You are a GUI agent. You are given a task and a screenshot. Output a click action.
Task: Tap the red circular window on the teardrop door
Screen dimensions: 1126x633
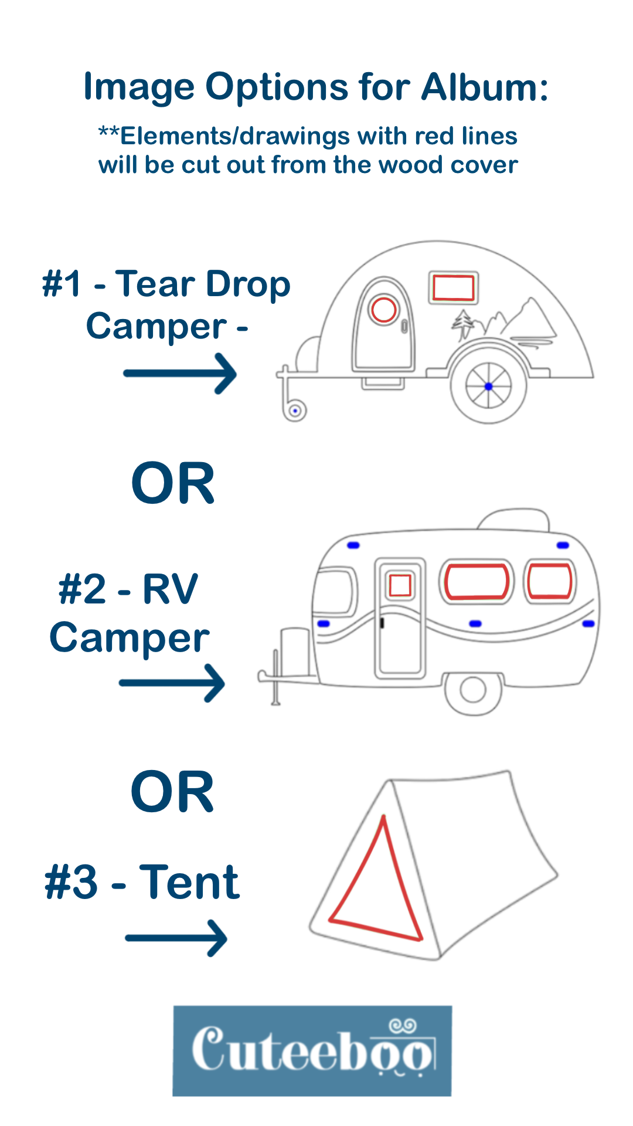(x=383, y=309)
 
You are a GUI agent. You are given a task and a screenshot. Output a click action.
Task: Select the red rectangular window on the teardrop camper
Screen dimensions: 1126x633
(x=453, y=287)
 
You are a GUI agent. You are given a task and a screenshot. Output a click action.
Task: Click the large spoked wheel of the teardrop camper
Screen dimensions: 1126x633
(x=488, y=386)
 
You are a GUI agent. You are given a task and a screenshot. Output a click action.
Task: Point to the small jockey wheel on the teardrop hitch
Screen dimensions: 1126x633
(x=295, y=411)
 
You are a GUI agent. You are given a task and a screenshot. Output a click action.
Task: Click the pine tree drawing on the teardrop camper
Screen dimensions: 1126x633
(x=464, y=325)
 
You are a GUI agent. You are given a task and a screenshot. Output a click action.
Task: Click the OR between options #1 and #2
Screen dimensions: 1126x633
(x=173, y=483)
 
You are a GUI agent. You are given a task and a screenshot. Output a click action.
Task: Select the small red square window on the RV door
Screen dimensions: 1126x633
(x=400, y=585)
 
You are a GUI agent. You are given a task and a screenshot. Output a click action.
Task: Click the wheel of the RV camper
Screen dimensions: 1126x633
(x=472, y=690)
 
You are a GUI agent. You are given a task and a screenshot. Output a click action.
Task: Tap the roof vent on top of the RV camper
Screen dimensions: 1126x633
(x=514, y=520)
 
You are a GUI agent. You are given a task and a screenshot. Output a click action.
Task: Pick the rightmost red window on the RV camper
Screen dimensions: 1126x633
(x=549, y=581)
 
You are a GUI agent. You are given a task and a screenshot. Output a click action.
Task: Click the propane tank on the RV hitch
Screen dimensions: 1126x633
(x=295, y=651)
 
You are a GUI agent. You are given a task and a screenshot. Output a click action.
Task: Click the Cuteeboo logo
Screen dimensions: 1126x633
(x=312, y=1050)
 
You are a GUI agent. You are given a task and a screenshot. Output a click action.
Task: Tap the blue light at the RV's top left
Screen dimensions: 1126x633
(x=353, y=545)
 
